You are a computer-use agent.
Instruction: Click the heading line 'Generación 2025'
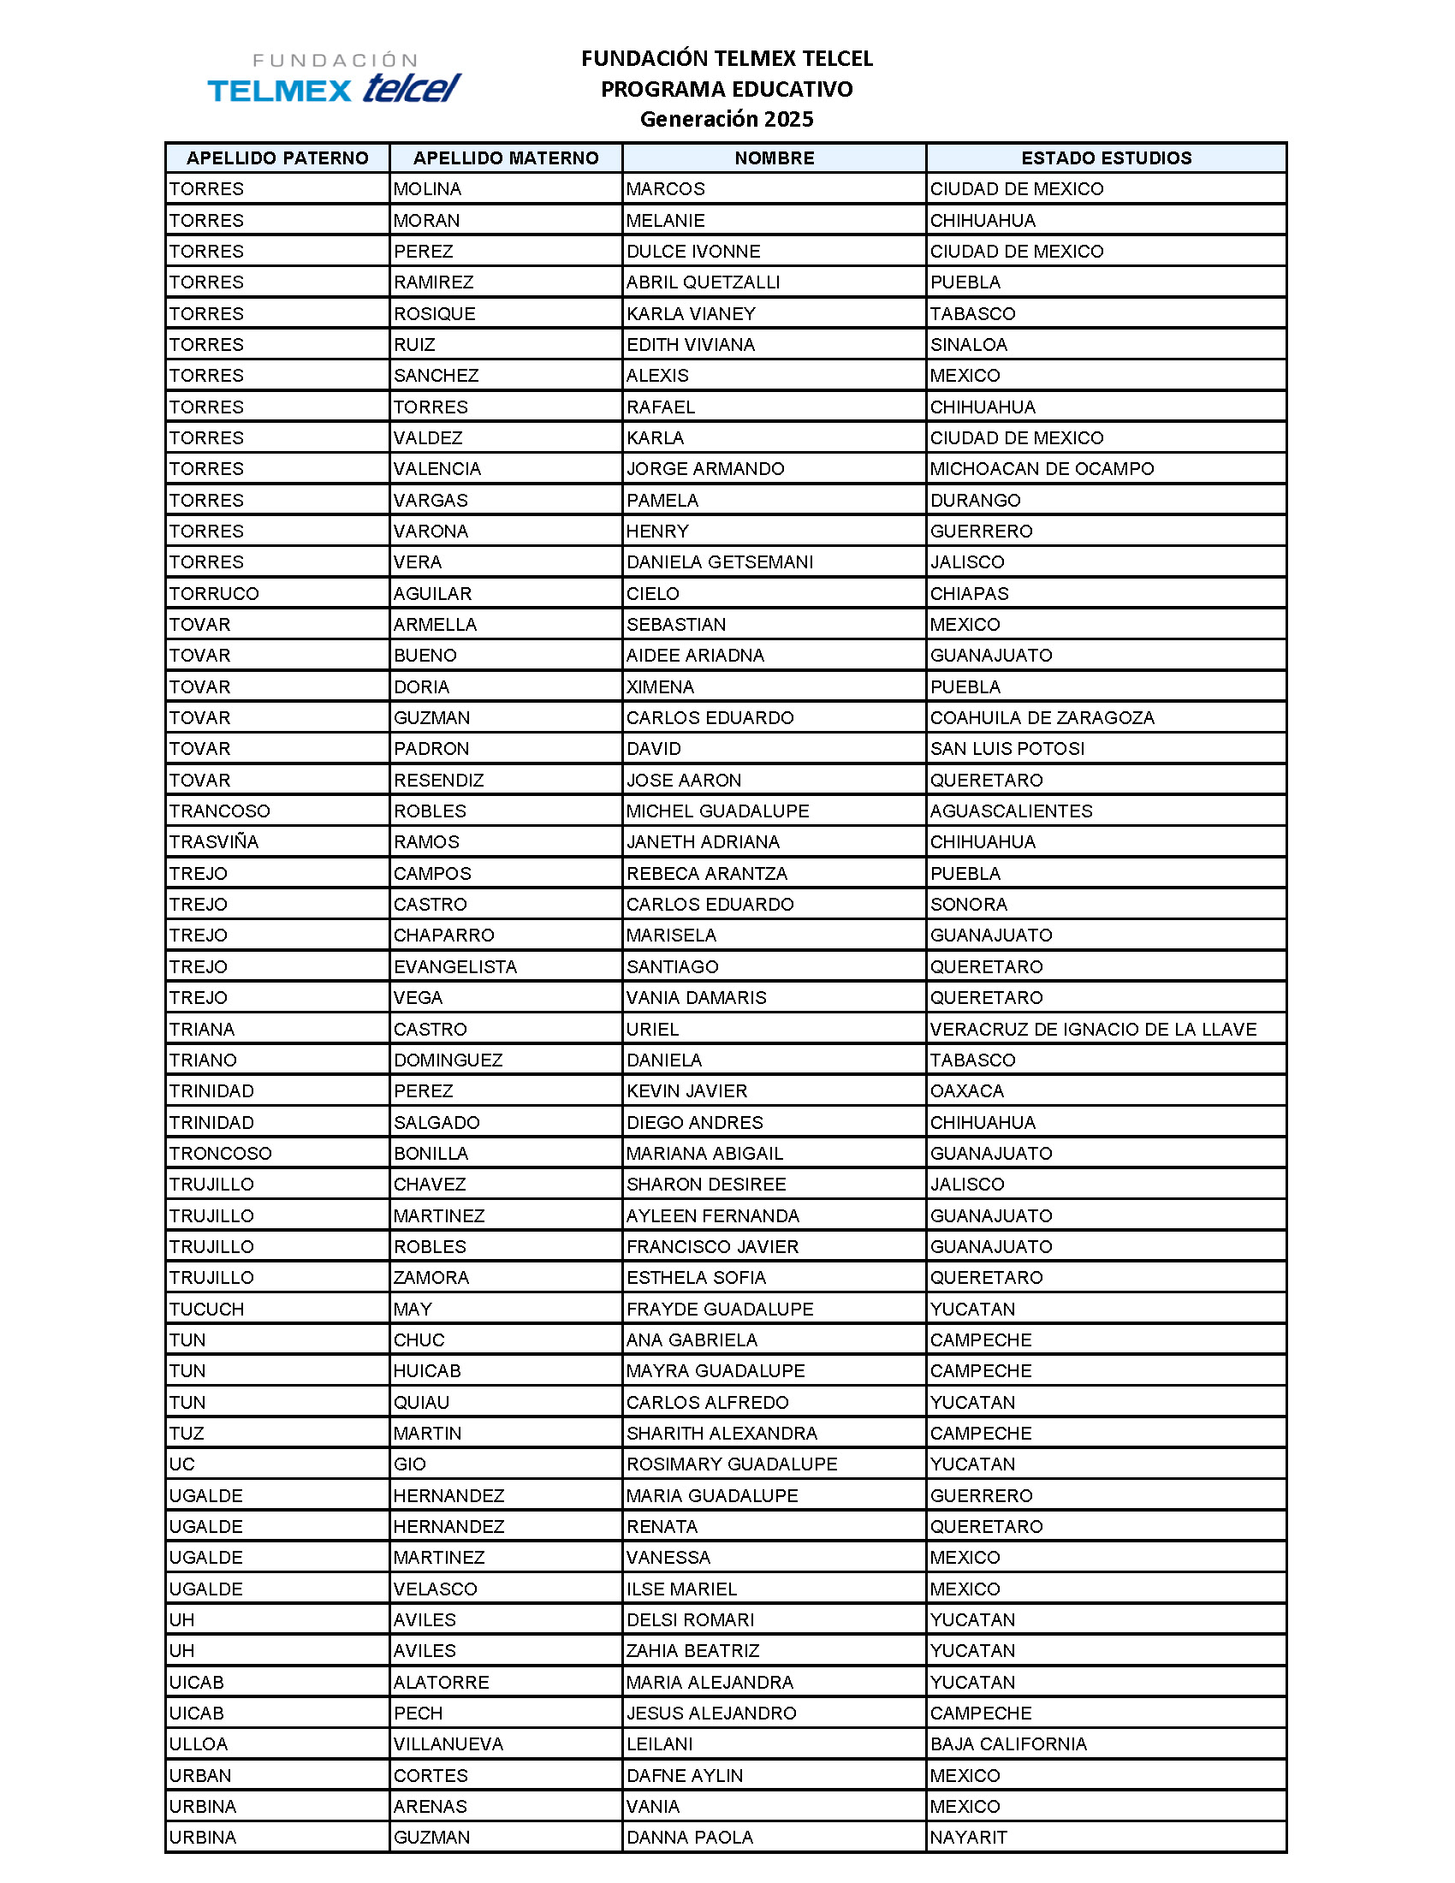click(726, 119)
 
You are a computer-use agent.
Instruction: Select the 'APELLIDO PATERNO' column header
click(276, 157)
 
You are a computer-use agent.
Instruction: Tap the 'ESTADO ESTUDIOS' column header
click(1106, 157)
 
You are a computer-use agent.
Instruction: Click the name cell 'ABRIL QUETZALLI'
click(703, 282)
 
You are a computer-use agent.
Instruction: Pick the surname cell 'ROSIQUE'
click(435, 313)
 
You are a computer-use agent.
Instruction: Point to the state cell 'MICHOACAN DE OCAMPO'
click(1042, 468)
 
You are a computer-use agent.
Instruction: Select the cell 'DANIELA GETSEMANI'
click(719, 561)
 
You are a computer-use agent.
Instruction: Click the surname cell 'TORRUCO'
click(214, 593)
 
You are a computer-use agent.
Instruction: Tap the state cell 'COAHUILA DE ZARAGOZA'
click(1042, 717)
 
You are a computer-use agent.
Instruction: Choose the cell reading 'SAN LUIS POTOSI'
click(1007, 748)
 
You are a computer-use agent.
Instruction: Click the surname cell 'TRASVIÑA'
click(214, 841)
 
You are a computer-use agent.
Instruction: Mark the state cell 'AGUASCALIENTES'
click(1010, 811)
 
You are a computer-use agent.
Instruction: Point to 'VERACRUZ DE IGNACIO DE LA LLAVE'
click(1092, 1029)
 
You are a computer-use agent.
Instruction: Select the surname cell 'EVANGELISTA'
click(455, 966)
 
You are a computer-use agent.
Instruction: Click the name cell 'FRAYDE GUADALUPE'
click(719, 1309)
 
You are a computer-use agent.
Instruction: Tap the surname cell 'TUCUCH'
click(206, 1309)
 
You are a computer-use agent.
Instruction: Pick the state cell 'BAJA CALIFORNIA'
click(1007, 1744)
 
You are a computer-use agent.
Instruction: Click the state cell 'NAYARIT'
click(968, 1838)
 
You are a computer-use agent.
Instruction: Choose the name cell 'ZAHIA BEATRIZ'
click(692, 1650)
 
